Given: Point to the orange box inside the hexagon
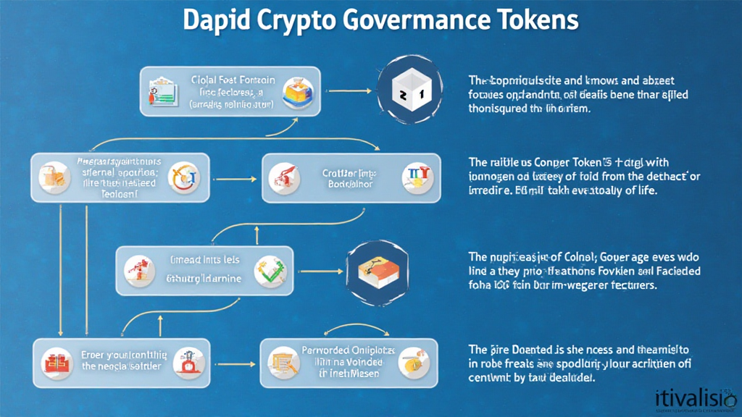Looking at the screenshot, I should tap(377, 271).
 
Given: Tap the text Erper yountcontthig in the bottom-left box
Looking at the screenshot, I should tap(124, 355).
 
